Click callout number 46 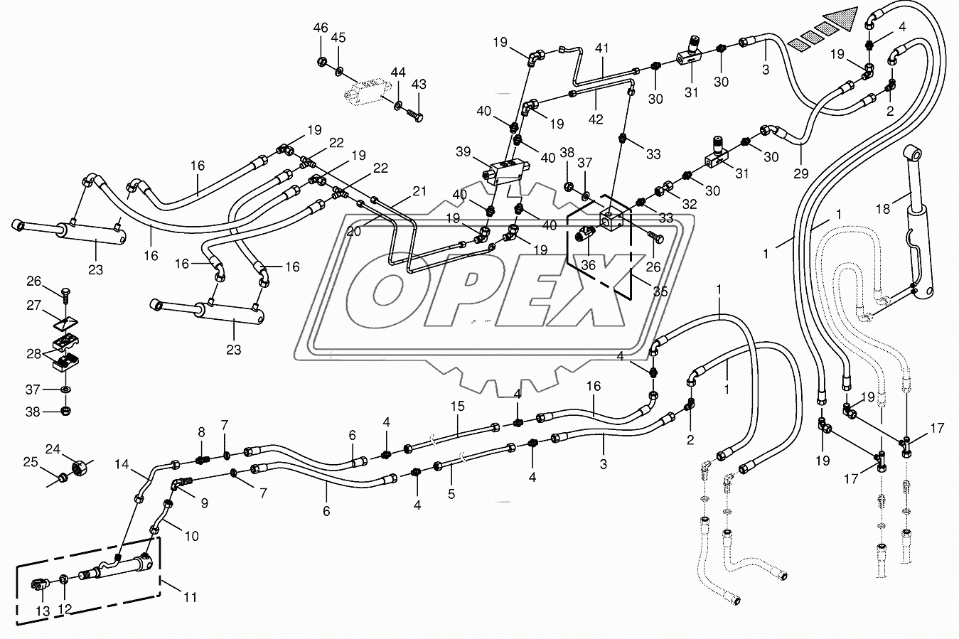pyautogui.click(x=321, y=28)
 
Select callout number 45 pyautogui.click(x=338, y=38)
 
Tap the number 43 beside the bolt pyautogui.click(x=419, y=85)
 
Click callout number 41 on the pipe pyautogui.click(x=603, y=48)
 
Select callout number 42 pyautogui.click(x=596, y=119)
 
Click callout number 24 pyautogui.click(x=53, y=449)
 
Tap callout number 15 pyautogui.click(x=456, y=407)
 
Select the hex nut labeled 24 pyautogui.click(x=77, y=469)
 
